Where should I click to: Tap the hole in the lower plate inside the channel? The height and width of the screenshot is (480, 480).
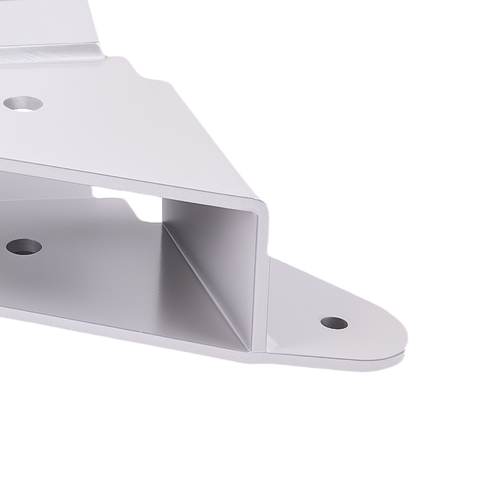24,247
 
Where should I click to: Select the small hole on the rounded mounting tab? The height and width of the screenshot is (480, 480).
334,323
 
